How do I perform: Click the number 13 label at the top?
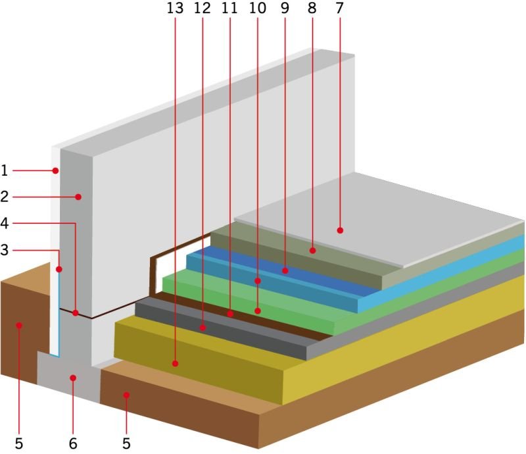pyautogui.click(x=175, y=8)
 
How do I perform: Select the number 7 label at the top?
pyautogui.click(x=339, y=8)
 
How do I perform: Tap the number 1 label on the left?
pyautogui.click(x=5, y=170)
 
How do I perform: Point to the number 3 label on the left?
pyautogui.click(x=5, y=250)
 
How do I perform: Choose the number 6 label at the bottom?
pyautogui.click(x=73, y=443)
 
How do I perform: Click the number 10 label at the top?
pyautogui.click(x=257, y=8)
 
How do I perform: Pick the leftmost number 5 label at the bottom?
pyautogui.click(x=19, y=443)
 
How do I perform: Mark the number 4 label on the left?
pyautogui.click(x=5, y=223)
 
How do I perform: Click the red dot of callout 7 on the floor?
pyautogui.click(x=340, y=230)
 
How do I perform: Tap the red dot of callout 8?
pyautogui.click(x=313, y=251)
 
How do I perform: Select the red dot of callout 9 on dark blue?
pyautogui.click(x=285, y=270)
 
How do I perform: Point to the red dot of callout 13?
pyautogui.click(x=175, y=363)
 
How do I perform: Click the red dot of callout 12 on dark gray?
pyautogui.click(x=203, y=328)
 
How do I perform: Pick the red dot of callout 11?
pyautogui.click(x=230, y=314)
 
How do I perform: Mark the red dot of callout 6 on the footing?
pyautogui.click(x=73, y=378)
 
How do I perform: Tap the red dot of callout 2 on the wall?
pyautogui.click(x=78, y=197)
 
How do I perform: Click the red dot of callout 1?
pyautogui.click(x=55, y=171)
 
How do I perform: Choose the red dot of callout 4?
pyautogui.click(x=76, y=313)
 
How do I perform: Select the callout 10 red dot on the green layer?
pyautogui.click(x=258, y=311)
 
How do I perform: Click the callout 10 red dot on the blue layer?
pyautogui.click(x=258, y=281)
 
